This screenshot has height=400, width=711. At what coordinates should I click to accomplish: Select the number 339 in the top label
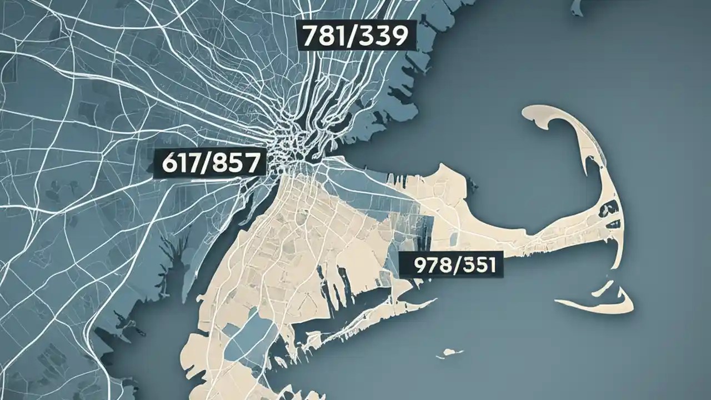coord(386,36)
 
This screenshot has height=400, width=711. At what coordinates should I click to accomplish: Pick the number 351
coord(479,266)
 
